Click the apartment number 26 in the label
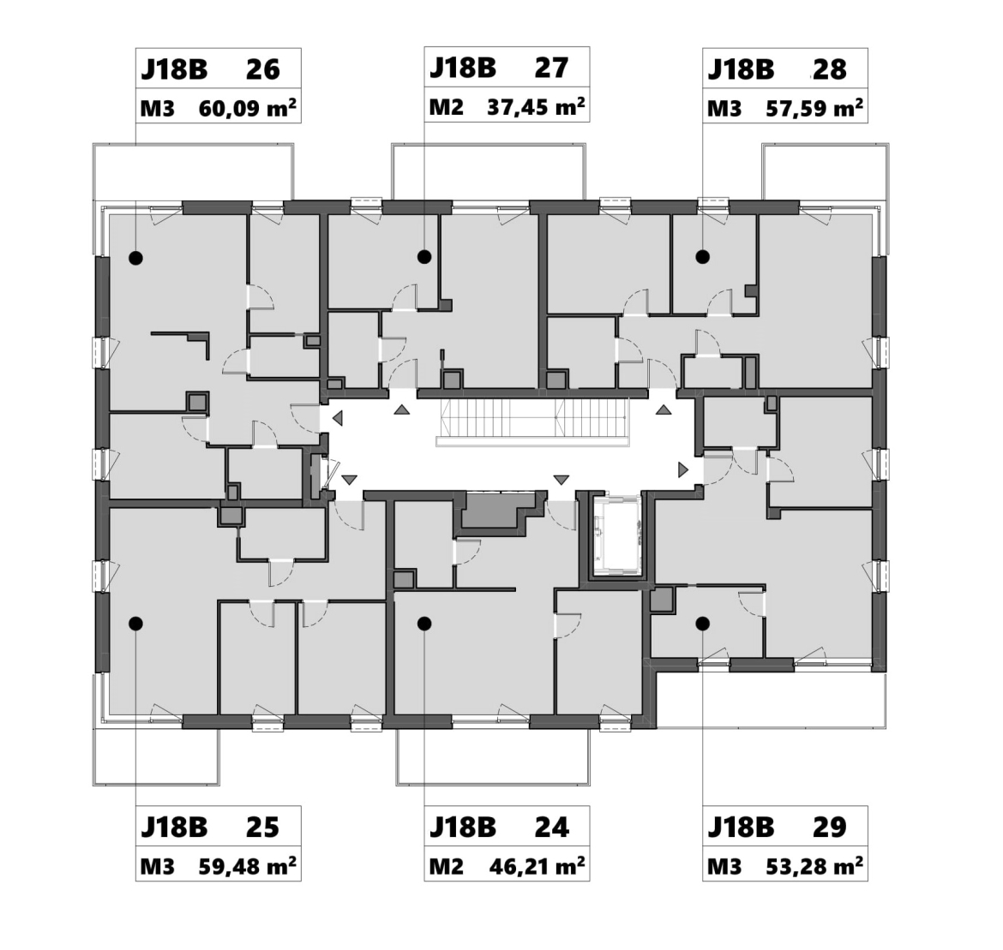click(x=263, y=69)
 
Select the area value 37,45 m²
click(x=536, y=107)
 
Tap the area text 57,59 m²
click(x=814, y=108)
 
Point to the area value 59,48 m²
click(x=247, y=866)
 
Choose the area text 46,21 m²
click(x=537, y=865)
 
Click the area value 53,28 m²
click(x=814, y=866)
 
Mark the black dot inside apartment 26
click(x=135, y=259)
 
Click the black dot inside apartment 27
click(x=424, y=257)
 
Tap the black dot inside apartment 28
click(x=703, y=257)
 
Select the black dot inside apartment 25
click(x=135, y=624)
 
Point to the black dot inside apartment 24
click(x=424, y=624)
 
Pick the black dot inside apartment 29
click(x=703, y=624)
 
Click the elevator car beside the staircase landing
click(x=616, y=535)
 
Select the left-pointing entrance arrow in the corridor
click(x=337, y=419)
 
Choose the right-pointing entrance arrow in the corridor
click(x=682, y=470)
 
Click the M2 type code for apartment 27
click(x=446, y=107)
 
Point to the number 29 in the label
click(x=830, y=828)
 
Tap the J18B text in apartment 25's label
click(x=174, y=828)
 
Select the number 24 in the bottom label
click(x=551, y=828)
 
